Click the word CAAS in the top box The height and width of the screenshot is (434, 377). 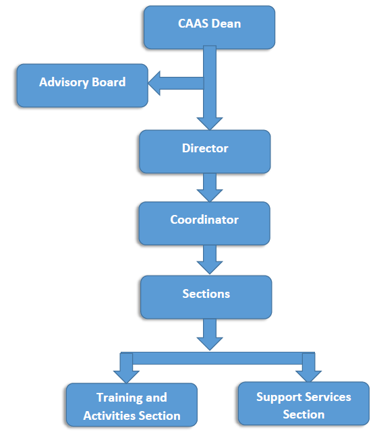(x=193, y=24)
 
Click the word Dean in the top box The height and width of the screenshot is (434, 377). (x=227, y=24)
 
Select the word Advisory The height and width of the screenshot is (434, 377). (x=64, y=82)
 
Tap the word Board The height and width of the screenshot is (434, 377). (x=109, y=82)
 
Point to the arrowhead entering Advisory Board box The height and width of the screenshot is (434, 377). (x=154, y=83)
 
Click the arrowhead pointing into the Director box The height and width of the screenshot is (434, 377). (x=210, y=123)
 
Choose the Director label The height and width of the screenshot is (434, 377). (x=205, y=148)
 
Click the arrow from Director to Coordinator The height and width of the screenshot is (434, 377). (x=210, y=187)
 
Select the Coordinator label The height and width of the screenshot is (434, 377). (x=204, y=220)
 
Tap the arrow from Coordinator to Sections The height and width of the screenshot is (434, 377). (x=210, y=259)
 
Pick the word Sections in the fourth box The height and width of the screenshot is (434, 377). (x=206, y=294)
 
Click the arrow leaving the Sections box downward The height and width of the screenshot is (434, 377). (x=210, y=334)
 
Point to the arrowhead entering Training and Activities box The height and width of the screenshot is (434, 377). (x=126, y=377)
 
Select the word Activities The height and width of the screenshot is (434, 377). (x=110, y=416)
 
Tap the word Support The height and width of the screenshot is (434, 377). (x=279, y=398)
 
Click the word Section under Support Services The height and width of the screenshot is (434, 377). (x=303, y=414)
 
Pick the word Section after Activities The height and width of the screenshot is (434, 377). (x=160, y=416)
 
